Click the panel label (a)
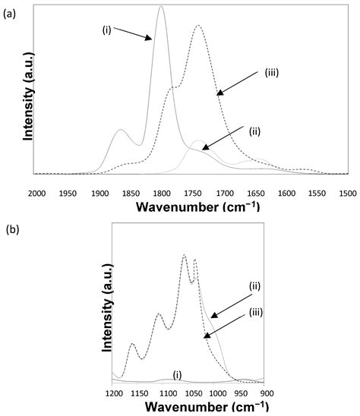pyautogui.click(x=9, y=9)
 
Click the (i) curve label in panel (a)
pyautogui.click(x=108, y=31)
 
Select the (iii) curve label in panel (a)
pyautogui.click(x=273, y=74)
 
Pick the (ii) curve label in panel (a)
pyautogui.click(x=256, y=130)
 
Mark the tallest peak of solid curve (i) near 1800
pyautogui.click(x=160, y=7)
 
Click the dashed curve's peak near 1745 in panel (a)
pyautogui.click(x=198, y=26)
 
